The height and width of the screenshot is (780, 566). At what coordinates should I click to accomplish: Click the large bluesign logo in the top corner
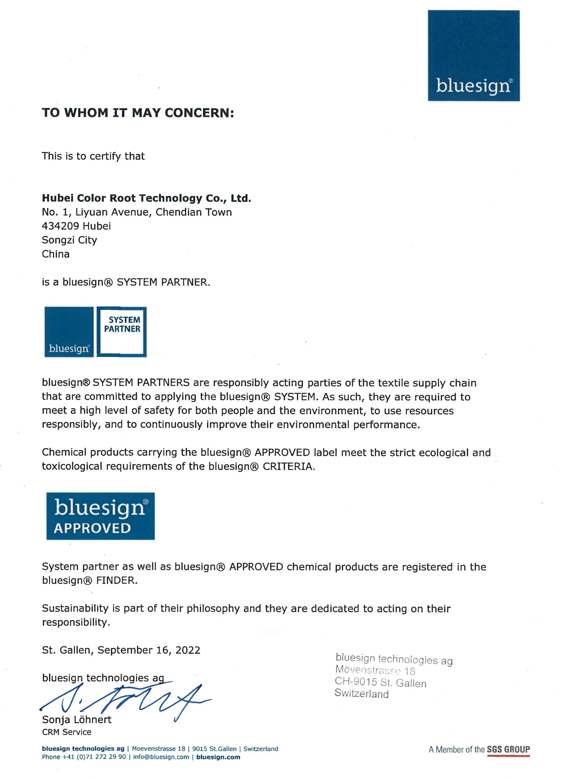pyautogui.click(x=473, y=56)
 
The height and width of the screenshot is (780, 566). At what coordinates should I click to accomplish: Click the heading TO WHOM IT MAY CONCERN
pyautogui.click(x=138, y=113)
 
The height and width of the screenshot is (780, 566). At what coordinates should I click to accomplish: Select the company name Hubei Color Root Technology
pyautogui.click(x=146, y=198)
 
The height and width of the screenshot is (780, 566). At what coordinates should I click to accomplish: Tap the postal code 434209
pyautogui.click(x=60, y=226)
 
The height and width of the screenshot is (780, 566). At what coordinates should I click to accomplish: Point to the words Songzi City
pyautogui.click(x=69, y=240)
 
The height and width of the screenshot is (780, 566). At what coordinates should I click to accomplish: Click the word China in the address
pyautogui.click(x=56, y=254)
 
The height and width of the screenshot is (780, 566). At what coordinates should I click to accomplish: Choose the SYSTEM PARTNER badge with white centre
pyautogui.click(x=122, y=332)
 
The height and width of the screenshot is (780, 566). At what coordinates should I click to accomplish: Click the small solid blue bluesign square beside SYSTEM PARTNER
pyautogui.click(x=69, y=332)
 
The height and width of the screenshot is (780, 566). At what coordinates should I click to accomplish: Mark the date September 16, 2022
pyautogui.click(x=149, y=650)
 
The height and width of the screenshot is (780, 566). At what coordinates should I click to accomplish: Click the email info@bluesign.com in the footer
pyautogui.click(x=161, y=757)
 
